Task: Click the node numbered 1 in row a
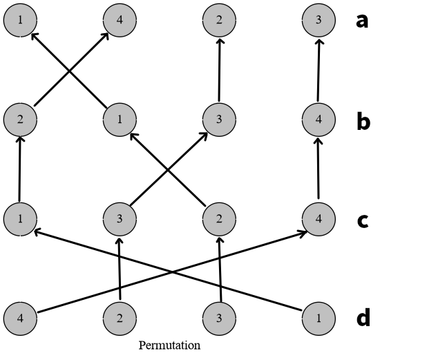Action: (x=20, y=20)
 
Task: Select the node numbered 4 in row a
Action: (x=120, y=20)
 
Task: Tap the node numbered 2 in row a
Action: (x=219, y=20)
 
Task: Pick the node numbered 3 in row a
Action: (x=319, y=20)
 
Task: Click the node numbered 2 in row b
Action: (x=20, y=120)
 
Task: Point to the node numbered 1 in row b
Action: (x=120, y=120)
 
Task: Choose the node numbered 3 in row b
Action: (x=219, y=120)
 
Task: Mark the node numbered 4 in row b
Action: (x=319, y=120)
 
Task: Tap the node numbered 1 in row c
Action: (x=20, y=219)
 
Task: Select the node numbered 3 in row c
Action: (x=120, y=219)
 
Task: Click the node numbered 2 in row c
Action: (x=219, y=219)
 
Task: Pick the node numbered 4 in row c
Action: (x=319, y=219)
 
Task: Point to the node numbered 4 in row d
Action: (x=20, y=319)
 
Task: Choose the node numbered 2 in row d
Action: (x=120, y=319)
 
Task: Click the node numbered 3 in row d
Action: (x=219, y=319)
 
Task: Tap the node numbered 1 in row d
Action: (x=319, y=319)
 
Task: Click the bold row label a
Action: (x=362, y=21)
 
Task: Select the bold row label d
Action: (x=363, y=319)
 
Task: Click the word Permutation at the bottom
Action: (x=169, y=345)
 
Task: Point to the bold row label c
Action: (x=362, y=220)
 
